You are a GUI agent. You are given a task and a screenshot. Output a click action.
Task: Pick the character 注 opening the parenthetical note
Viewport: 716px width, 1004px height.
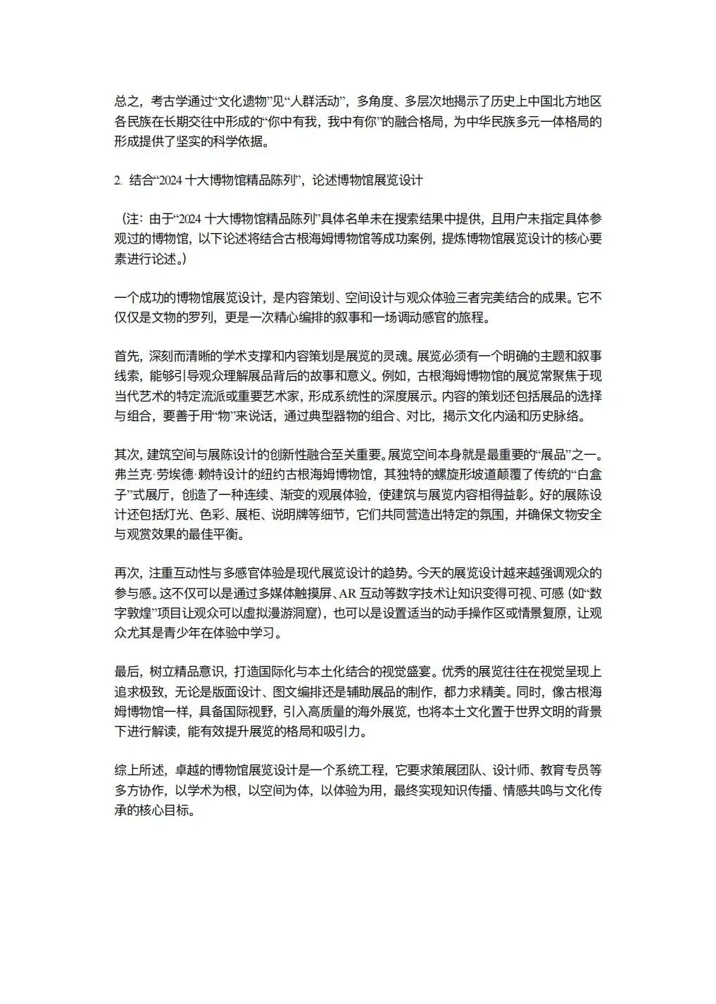pyautogui.click(x=133, y=220)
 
